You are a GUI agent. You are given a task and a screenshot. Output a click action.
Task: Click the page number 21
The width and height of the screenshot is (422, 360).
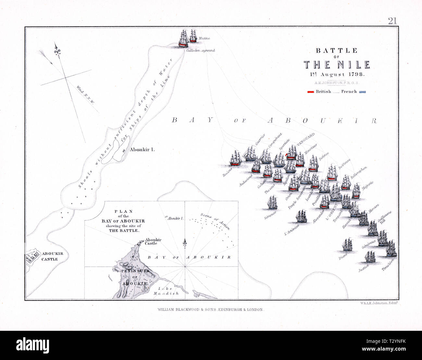392,21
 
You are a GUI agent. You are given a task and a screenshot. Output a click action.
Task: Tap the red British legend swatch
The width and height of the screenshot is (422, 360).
311,92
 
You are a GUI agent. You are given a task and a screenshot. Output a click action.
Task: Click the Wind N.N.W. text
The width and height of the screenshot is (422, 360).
85,95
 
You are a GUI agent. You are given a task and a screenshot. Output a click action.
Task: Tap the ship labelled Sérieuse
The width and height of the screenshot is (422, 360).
272,202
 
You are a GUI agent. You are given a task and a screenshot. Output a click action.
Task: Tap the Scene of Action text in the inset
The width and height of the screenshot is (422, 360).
215,220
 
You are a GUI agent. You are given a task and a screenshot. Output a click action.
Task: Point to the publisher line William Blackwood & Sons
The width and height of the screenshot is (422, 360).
211,310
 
